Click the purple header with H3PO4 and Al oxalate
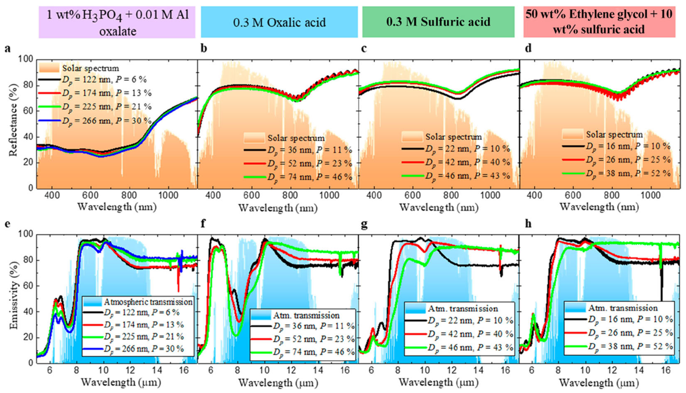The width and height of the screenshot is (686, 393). point(117,22)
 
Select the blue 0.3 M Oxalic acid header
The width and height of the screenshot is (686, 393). point(279,22)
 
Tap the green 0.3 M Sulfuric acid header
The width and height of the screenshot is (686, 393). point(438,22)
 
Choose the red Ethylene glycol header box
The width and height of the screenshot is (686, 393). point(599,22)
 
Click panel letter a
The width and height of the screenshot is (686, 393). point(8,48)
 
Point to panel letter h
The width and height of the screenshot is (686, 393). point(528,224)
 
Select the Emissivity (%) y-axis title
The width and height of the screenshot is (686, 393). point(13,295)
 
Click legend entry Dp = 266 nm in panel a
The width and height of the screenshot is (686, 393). point(107,121)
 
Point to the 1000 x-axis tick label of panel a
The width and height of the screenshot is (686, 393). point(167,195)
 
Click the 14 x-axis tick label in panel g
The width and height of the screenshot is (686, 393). point(479,371)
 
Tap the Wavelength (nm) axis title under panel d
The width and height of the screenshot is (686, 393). point(599,207)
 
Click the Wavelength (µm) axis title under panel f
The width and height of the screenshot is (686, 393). point(278,383)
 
